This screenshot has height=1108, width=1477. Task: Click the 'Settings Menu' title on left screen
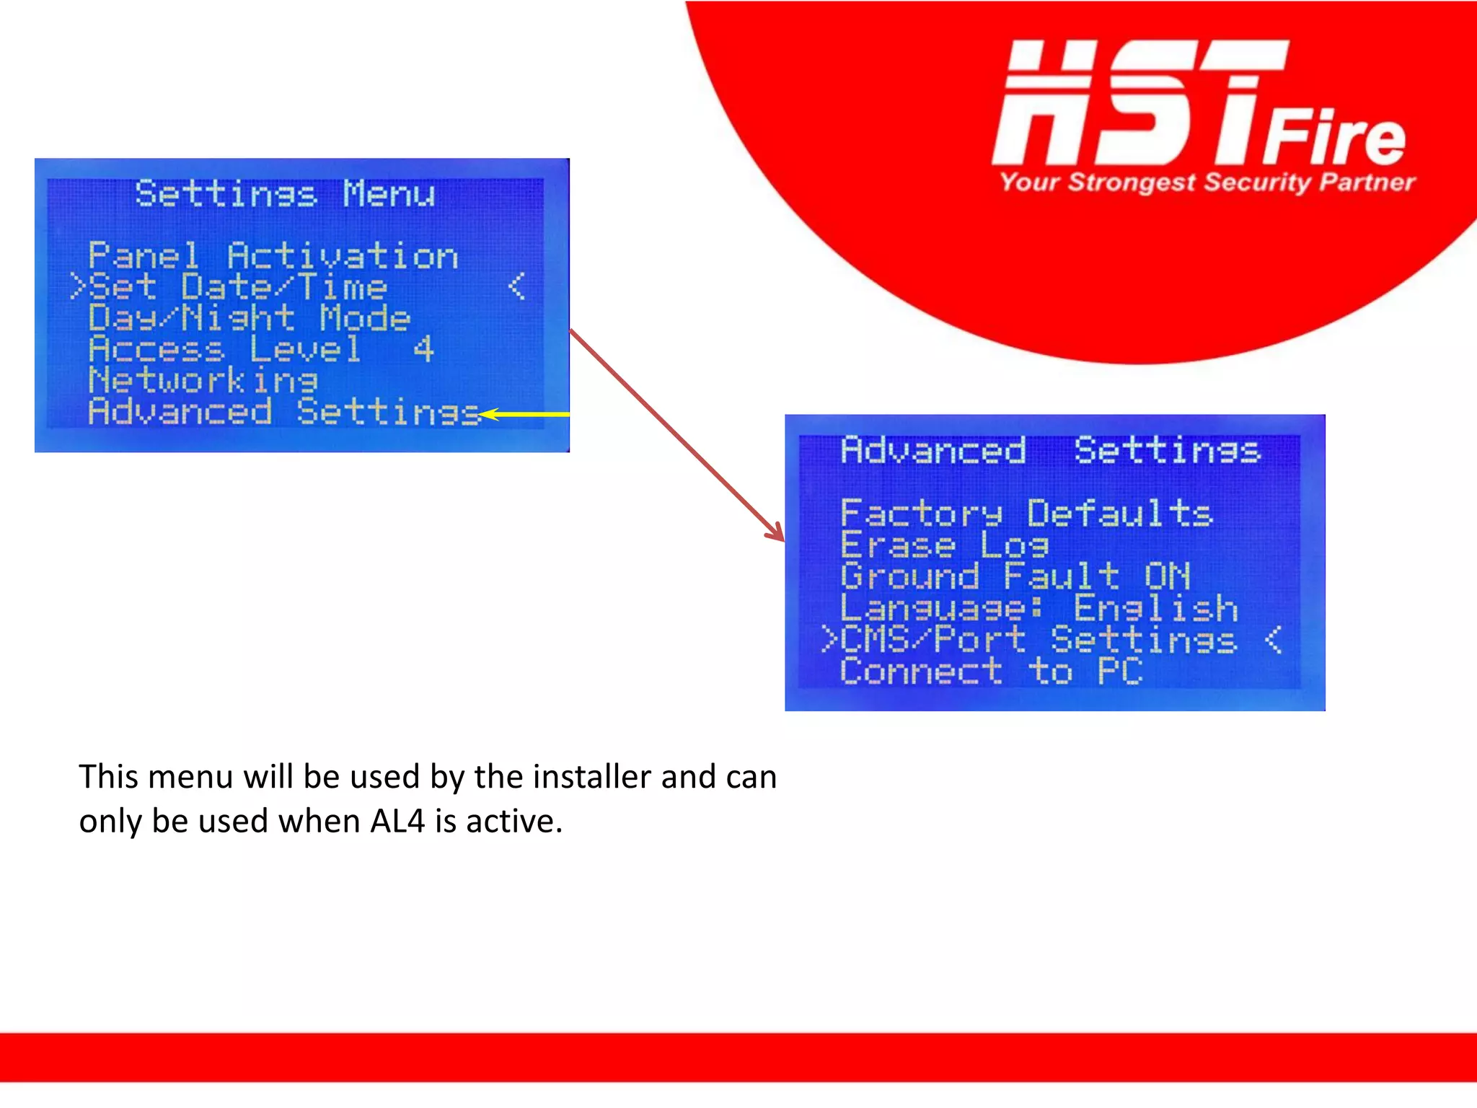coord(285,193)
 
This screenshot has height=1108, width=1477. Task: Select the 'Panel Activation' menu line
coord(273,256)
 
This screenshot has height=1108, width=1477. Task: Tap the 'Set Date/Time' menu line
coord(238,287)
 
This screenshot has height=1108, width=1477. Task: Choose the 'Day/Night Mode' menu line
coord(249,318)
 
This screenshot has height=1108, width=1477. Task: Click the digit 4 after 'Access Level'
coord(423,349)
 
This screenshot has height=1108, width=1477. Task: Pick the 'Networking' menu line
coord(203,380)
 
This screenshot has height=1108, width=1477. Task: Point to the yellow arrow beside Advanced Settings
coord(523,414)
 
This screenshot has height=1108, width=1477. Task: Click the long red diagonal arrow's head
coord(777,534)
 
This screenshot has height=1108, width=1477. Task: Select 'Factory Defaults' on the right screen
coord(1026,514)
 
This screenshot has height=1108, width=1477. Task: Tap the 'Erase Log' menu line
coord(944,545)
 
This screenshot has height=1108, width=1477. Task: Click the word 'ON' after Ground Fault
coord(1166,576)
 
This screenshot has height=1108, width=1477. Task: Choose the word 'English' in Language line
coord(1155,608)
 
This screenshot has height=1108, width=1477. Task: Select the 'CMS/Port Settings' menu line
coord(1039,640)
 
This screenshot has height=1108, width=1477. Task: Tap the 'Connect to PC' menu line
coord(991,672)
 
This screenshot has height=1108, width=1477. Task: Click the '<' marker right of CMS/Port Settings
coord(1273,640)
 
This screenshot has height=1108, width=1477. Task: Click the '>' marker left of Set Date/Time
coord(78,287)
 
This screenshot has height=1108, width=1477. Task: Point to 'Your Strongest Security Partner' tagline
coord(1207,182)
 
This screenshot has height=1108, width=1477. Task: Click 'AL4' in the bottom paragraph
coord(397,821)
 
